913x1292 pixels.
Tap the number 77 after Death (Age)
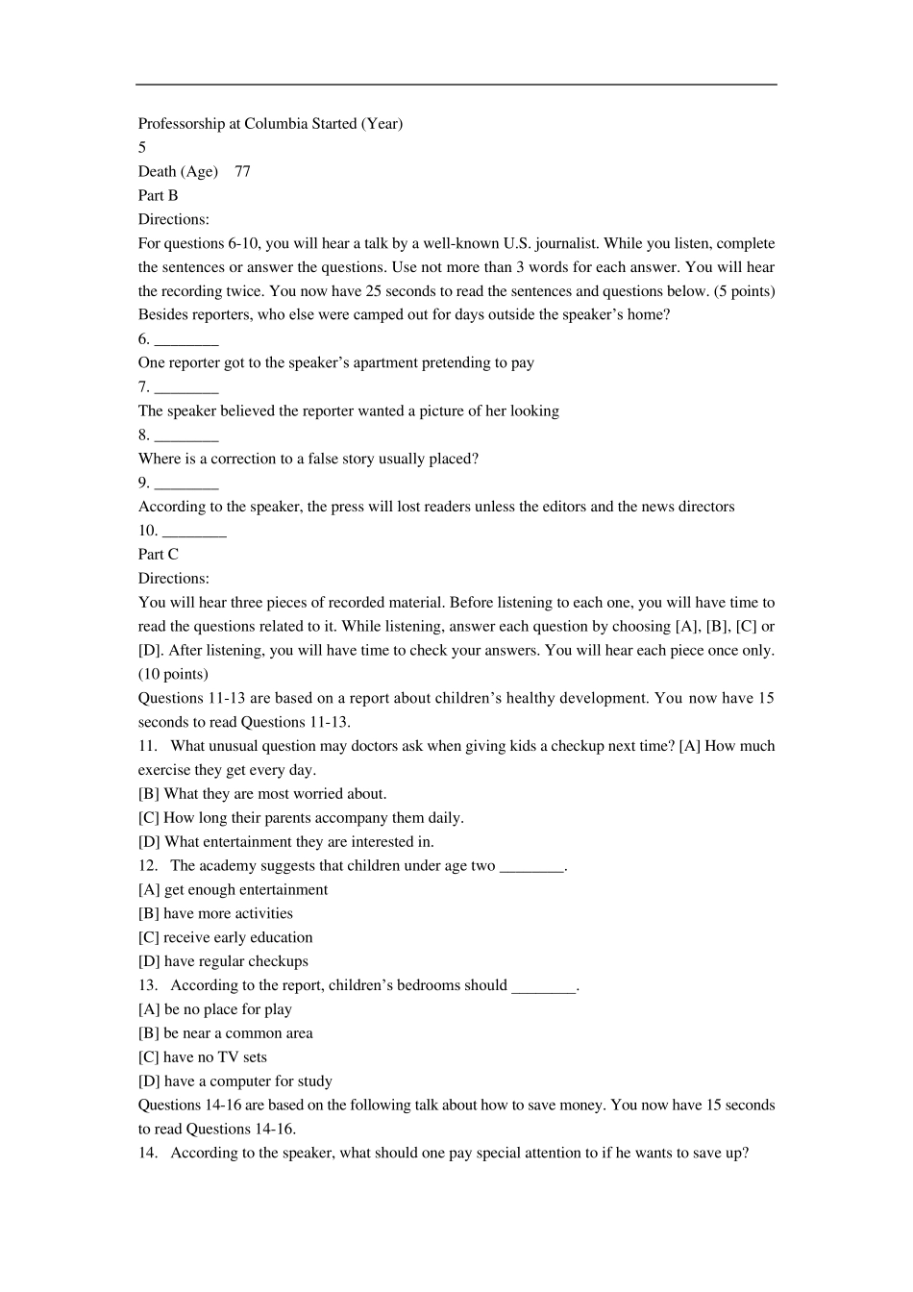point(242,172)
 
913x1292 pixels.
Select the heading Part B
point(158,196)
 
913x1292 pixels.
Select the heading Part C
point(158,555)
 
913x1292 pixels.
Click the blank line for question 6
point(186,340)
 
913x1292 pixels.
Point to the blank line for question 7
point(186,388)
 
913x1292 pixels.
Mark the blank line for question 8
point(186,436)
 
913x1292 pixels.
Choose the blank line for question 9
point(186,484)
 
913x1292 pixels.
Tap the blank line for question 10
point(195,533)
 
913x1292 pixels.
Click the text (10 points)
point(173,674)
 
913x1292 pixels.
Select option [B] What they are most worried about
point(262,794)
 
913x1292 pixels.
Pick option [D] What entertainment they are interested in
point(285,842)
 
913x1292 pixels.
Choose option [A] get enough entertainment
point(233,890)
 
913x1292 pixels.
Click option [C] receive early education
point(225,937)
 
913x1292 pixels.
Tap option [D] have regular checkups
point(223,961)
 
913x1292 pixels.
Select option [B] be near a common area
point(225,1033)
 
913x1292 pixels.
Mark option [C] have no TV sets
point(203,1057)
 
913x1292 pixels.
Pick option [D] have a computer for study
point(234,1081)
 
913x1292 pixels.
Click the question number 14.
point(147,1153)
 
